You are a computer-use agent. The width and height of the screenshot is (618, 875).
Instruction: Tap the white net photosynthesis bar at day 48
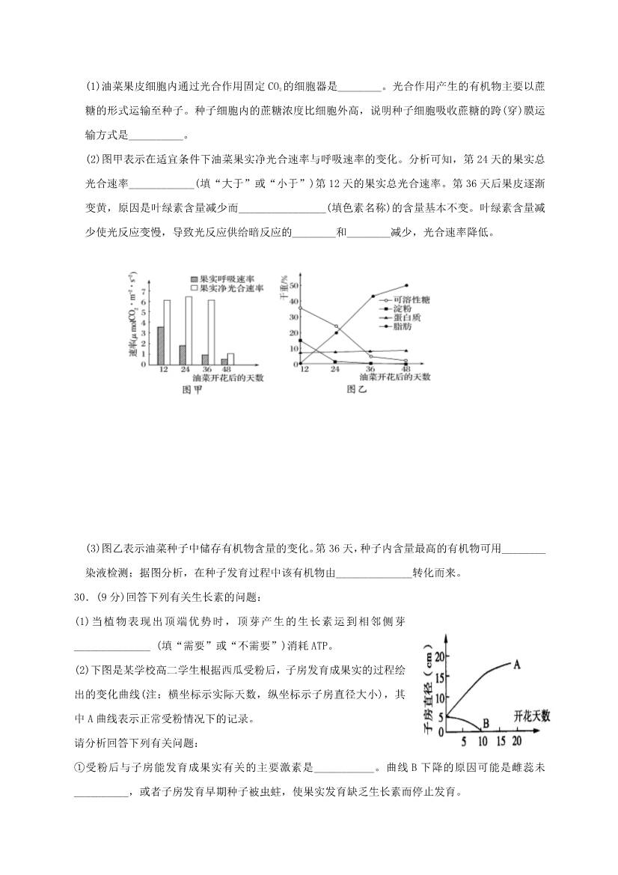point(230,359)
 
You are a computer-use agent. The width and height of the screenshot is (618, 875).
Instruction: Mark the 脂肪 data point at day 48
point(406,285)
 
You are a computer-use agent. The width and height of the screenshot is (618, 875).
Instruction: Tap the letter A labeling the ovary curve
point(518,663)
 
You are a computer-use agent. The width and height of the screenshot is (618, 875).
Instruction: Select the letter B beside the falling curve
point(486,723)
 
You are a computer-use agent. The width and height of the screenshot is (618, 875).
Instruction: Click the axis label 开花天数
point(532,716)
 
